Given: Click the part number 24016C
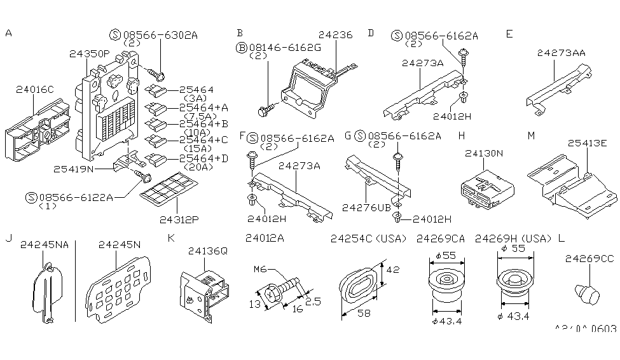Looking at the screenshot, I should [x=36, y=90].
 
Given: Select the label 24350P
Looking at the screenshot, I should [x=89, y=55].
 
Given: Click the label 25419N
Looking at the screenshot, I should [x=74, y=169].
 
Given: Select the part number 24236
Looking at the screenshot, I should [x=336, y=36].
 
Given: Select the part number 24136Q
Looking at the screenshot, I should [x=207, y=251].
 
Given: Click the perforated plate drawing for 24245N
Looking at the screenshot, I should [x=118, y=289].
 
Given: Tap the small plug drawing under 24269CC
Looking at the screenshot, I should [x=586, y=294].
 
